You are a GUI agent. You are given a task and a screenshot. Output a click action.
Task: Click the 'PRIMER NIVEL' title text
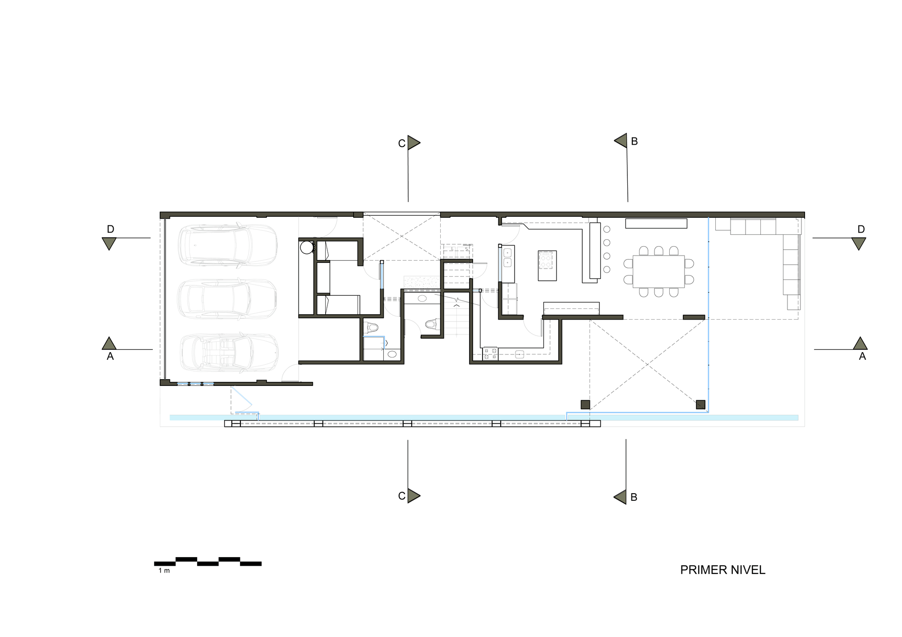tap(723, 570)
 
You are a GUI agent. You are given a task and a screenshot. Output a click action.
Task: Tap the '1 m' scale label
tap(164, 571)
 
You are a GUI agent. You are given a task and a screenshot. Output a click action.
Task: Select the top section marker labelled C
tap(413, 143)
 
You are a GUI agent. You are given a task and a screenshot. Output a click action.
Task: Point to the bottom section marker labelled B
tap(621, 497)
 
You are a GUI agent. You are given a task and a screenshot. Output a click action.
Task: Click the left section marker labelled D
tap(109, 243)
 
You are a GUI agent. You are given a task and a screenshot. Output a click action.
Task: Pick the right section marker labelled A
tap(860, 344)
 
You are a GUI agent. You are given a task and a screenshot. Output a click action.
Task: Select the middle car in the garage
tap(227, 299)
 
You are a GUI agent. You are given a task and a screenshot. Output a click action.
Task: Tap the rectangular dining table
tap(658, 271)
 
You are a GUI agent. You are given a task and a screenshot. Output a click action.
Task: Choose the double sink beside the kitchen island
tap(507, 257)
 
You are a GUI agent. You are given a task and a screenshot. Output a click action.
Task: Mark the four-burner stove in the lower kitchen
tap(490, 353)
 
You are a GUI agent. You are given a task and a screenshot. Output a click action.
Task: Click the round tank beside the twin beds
tap(307, 247)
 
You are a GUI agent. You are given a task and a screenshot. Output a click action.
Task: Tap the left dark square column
tap(585, 404)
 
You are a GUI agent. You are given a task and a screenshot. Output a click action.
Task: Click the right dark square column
tap(700, 404)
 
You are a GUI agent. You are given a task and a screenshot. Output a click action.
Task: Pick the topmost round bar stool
tap(607, 229)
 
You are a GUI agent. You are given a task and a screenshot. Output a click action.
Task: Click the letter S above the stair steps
tap(466, 248)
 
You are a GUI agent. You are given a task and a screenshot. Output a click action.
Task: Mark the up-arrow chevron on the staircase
tap(456, 305)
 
